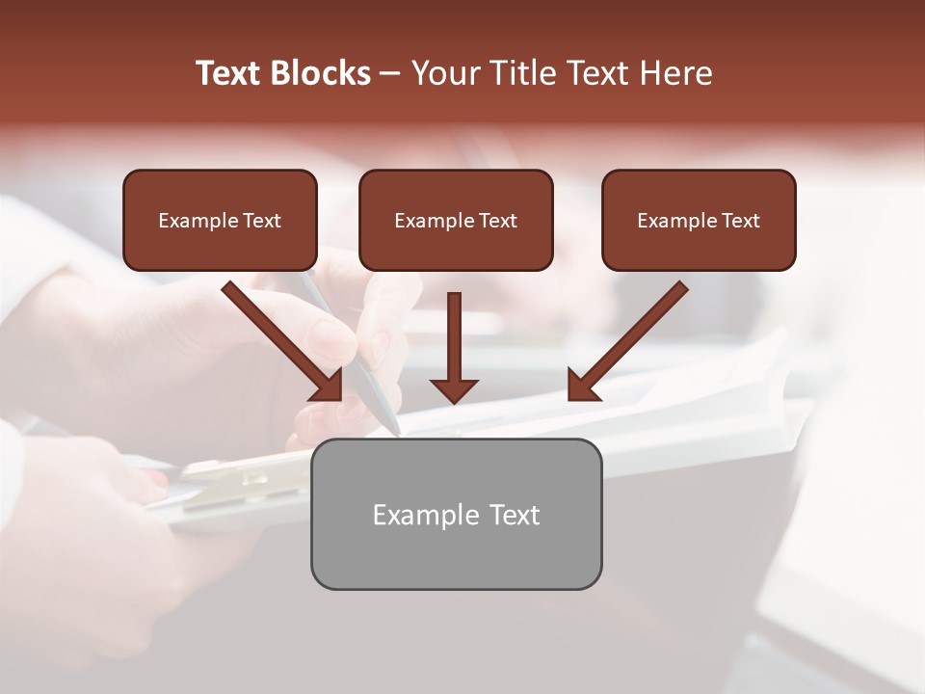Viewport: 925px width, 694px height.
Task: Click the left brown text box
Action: click(x=220, y=220)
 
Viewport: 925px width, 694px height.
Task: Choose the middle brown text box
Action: click(x=456, y=220)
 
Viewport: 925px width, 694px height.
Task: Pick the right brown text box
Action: click(x=699, y=220)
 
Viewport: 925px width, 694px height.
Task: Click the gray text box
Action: click(x=456, y=514)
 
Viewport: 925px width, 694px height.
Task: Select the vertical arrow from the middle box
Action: click(x=454, y=342)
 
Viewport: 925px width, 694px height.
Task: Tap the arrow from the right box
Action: click(x=631, y=337)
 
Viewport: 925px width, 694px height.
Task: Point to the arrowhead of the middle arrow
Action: click(x=454, y=389)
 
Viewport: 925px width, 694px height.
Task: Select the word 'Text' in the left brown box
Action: click(x=263, y=221)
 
